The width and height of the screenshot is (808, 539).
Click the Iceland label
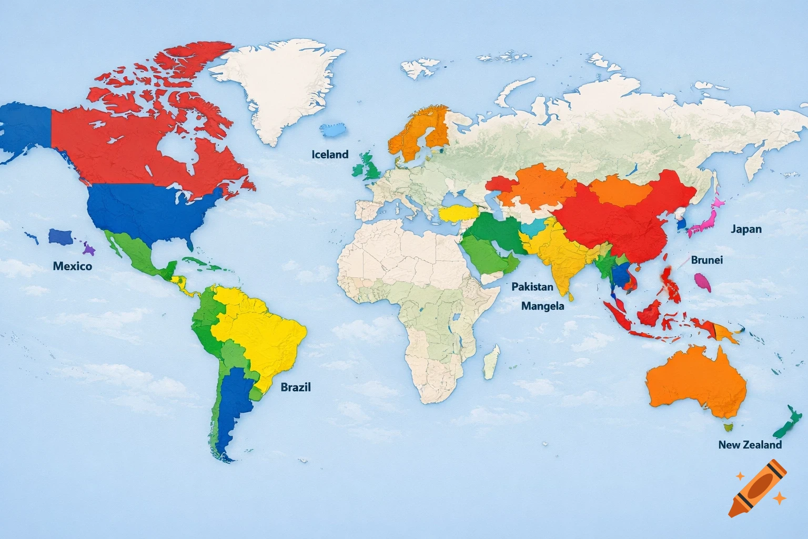(x=330, y=154)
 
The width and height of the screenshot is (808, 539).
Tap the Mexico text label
(x=73, y=266)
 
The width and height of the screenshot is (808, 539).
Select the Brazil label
(x=296, y=387)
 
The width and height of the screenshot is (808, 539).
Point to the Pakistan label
(x=532, y=287)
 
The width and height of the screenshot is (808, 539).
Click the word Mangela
(x=542, y=306)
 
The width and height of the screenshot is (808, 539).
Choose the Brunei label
(x=707, y=260)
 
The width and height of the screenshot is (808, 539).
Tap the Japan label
(x=746, y=229)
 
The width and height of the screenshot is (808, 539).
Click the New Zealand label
(x=750, y=445)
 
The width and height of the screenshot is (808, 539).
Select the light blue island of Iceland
(x=334, y=129)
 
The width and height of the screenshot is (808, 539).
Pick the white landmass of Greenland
(x=276, y=89)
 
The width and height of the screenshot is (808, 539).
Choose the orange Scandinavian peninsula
(x=418, y=132)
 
